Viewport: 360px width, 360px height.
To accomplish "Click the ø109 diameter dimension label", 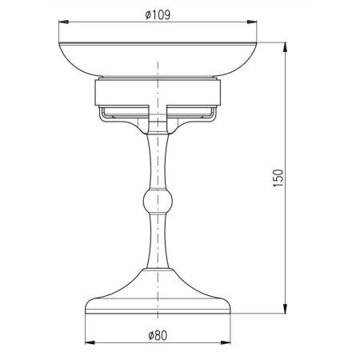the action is pyautogui.click(x=158, y=15).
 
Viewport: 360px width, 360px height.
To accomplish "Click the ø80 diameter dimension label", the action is pyautogui.click(x=158, y=335).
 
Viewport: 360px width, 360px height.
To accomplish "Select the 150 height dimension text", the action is pyautogui.click(x=278, y=178).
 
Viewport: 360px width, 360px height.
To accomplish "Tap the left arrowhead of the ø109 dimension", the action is pyautogui.click(x=63, y=22).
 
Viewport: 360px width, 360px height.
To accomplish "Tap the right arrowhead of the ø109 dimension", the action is pyautogui.click(x=252, y=22).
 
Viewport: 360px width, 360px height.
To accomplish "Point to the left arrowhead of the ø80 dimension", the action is pyautogui.click(x=90, y=342).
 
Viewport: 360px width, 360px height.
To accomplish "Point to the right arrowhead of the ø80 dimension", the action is pyautogui.click(x=226, y=342).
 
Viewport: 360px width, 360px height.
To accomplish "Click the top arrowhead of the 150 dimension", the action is pyautogui.click(x=286, y=47).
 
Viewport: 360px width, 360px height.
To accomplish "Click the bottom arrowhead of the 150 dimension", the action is pyautogui.click(x=286, y=309).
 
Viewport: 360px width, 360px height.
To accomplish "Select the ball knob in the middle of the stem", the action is pyautogui.click(x=158, y=202).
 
